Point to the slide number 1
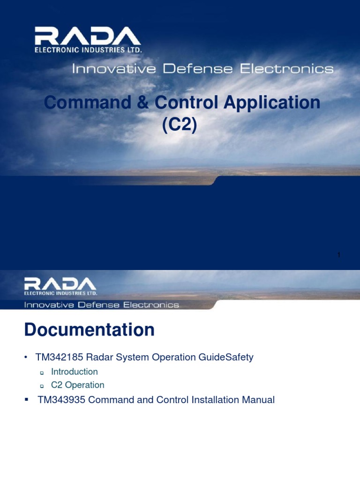pyautogui.click(x=338, y=255)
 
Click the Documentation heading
pyautogui.click(x=89, y=330)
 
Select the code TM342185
pyautogui.click(x=59, y=357)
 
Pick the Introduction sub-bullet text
pyautogui.click(x=75, y=372)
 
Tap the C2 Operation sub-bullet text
pyautogui.click(x=78, y=385)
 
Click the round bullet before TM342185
pyautogui.click(x=27, y=358)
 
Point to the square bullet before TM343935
pyautogui.click(x=27, y=399)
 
